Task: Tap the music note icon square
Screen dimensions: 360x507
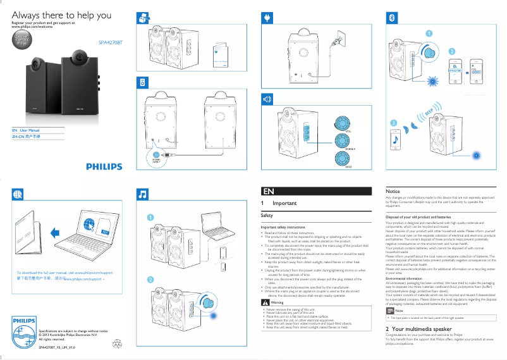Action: pos(144,194)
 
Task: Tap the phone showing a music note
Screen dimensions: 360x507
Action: pos(395,138)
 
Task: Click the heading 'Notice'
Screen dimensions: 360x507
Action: pos(393,190)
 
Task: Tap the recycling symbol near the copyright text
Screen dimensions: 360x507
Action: pos(117,343)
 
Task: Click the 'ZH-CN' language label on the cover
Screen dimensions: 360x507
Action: pos(18,136)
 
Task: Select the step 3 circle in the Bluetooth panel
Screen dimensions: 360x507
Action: pos(393,122)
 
